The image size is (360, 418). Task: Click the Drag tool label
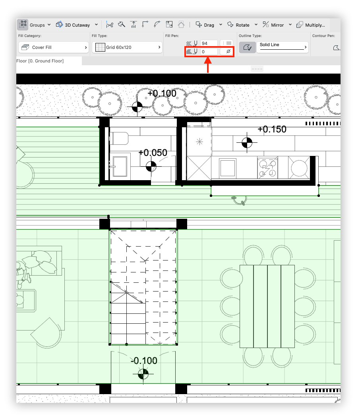click(x=205, y=25)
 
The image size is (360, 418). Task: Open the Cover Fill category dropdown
click(x=54, y=47)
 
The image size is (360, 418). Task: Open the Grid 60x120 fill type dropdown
click(x=127, y=47)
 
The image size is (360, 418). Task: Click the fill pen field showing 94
click(x=208, y=43)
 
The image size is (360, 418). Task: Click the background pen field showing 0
click(x=208, y=52)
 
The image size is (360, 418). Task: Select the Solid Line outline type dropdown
click(x=282, y=47)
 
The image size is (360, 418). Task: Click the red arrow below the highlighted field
click(x=207, y=66)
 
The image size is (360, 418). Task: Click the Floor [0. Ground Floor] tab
click(x=40, y=61)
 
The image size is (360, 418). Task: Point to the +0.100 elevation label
click(x=162, y=93)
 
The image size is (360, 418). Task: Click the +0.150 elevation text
click(x=272, y=129)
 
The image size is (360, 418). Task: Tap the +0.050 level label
click(x=153, y=153)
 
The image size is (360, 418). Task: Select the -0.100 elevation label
click(x=144, y=361)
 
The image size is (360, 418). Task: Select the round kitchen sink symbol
click(x=299, y=168)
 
